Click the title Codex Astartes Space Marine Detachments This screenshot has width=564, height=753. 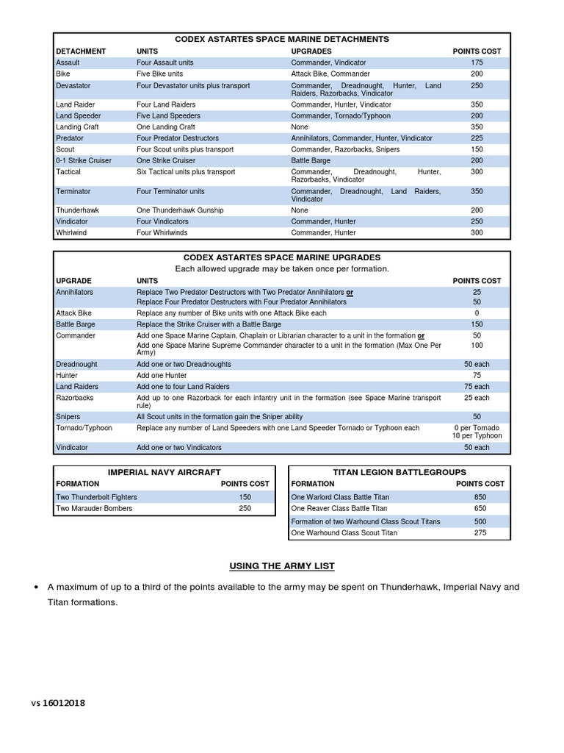pos(281,39)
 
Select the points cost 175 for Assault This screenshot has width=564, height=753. pos(477,63)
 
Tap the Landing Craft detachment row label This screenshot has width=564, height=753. pos(78,127)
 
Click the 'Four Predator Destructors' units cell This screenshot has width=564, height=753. pos(178,138)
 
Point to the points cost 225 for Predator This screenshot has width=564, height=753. pos(477,138)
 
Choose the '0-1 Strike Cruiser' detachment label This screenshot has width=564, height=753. pos(84,160)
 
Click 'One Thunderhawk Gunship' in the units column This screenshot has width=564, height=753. pos(180,210)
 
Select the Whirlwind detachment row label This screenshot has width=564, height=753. pos(72,232)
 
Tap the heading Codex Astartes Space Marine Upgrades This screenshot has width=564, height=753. pos(281,257)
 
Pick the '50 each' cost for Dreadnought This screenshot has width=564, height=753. pos(477,364)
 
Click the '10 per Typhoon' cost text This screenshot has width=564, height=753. pos(477,436)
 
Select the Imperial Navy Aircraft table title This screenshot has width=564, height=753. pos(164,471)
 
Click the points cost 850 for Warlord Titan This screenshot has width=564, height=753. pos(480,497)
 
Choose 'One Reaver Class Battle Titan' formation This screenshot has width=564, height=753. pos(340,508)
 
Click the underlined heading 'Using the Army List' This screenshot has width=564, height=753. pos(282,565)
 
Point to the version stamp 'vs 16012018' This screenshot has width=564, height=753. pos(58,703)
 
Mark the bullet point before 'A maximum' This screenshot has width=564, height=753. pos(35,588)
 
